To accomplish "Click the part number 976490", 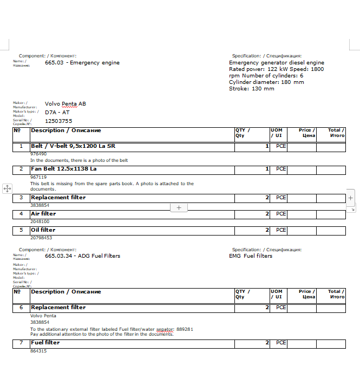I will click(x=38, y=154).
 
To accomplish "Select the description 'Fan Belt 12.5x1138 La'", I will click(x=64, y=169).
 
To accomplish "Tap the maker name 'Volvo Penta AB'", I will click(x=65, y=103).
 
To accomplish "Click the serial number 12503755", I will click(x=58, y=121).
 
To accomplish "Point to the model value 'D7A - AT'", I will click(x=57, y=113).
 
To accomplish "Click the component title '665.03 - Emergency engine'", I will click(x=82, y=63).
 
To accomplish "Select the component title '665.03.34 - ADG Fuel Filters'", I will click(x=82, y=256).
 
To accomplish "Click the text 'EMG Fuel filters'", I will click(x=251, y=256).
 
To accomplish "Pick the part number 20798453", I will click(x=41, y=238).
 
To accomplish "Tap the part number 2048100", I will click(x=39, y=221).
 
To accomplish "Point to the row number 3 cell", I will click(x=21, y=198).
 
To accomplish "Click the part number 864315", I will click(x=38, y=351).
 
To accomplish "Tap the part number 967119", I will click(x=38, y=177).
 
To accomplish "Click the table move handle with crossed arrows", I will click(x=7, y=188).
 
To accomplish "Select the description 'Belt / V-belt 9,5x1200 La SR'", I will click(x=73, y=146).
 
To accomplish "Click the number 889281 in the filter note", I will click(x=185, y=329).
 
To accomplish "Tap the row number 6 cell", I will click(x=21, y=308).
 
